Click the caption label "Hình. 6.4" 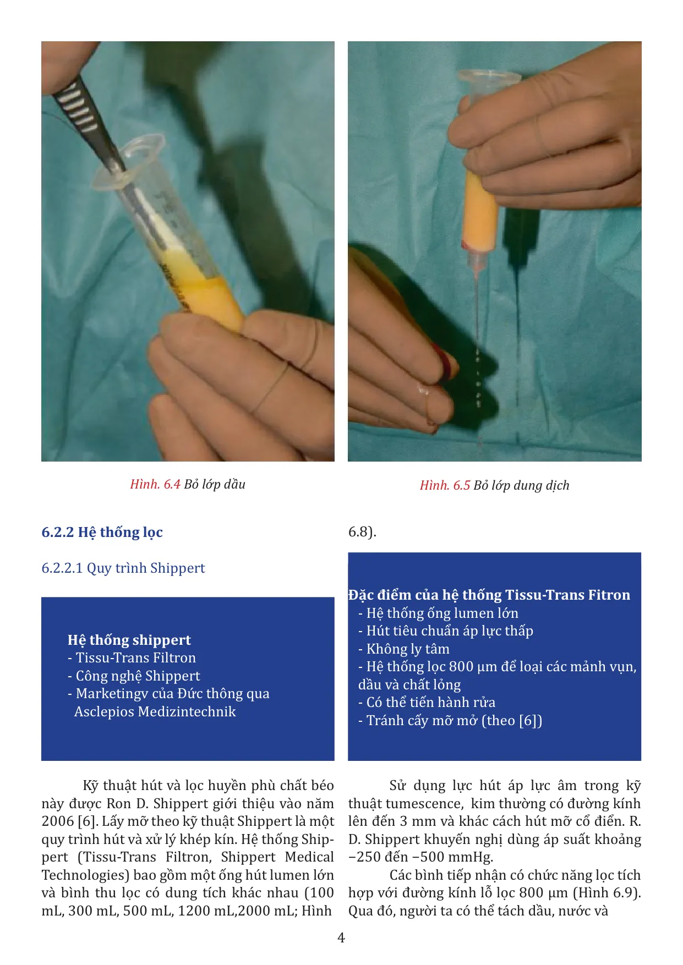click(155, 484)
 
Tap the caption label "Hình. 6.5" click(445, 485)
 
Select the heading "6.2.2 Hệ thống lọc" click(102, 532)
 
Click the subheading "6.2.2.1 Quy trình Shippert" click(123, 568)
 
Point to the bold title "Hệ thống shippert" click(129, 640)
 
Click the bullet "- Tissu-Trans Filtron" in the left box click(132, 657)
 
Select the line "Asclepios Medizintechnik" click(155, 711)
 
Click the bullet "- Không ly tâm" click(404, 649)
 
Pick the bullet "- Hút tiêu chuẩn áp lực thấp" click(446, 630)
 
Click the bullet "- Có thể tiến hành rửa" click(427, 702)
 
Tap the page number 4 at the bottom click(341, 937)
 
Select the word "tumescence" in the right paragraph click(424, 803)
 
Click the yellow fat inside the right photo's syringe click(480, 209)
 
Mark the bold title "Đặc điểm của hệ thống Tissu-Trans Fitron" click(489, 595)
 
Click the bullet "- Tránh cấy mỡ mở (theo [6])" click(450, 720)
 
